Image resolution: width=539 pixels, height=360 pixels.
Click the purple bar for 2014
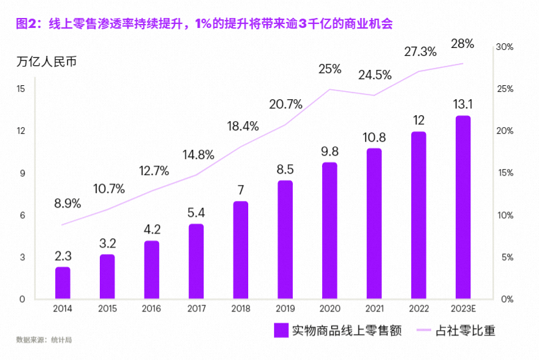click(x=63, y=283)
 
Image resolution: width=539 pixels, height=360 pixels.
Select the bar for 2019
click(x=285, y=240)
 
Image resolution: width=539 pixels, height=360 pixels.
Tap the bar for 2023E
click(x=462, y=208)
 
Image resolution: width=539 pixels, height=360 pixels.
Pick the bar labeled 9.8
click(x=329, y=230)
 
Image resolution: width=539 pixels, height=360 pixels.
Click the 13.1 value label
click(x=462, y=104)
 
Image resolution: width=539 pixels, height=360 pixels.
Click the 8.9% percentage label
click(x=68, y=203)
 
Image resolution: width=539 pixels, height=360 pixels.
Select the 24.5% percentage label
click(x=375, y=75)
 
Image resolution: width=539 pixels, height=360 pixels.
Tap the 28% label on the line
click(x=462, y=44)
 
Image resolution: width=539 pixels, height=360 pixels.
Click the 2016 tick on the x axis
click(x=152, y=309)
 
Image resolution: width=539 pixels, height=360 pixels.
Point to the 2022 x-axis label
click(x=418, y=309)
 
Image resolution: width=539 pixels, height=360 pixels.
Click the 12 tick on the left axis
click(x=21, y=131)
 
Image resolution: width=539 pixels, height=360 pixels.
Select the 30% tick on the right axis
click(x=504, y=47)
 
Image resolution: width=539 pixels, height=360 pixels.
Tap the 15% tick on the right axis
click(x=504, y=173)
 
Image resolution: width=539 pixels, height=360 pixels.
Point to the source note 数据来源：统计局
click(x=44, y=340)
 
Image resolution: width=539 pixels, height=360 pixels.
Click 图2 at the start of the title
click(x=25, y=23)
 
